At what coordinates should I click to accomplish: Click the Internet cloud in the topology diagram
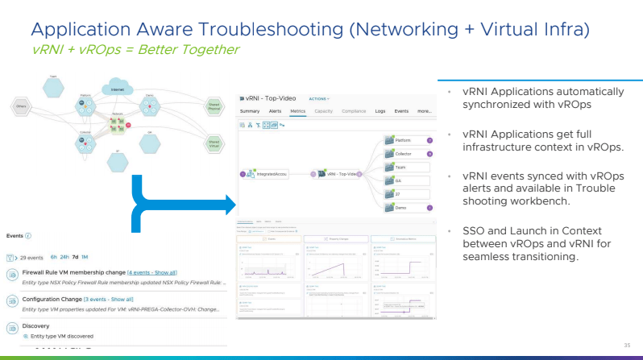tap(117, 88)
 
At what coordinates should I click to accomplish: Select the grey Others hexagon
tap(22, 106)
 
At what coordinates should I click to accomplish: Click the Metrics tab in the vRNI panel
tap(297, 110)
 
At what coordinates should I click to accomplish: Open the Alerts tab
tap(275, 110)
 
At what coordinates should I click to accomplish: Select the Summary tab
tap(250, 110)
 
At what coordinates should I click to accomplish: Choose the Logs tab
tap(380, 110)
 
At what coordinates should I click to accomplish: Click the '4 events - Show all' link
tap(152, 274)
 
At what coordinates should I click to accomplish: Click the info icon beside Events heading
tap(28, 236)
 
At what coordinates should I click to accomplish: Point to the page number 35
tap(626, 346)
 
